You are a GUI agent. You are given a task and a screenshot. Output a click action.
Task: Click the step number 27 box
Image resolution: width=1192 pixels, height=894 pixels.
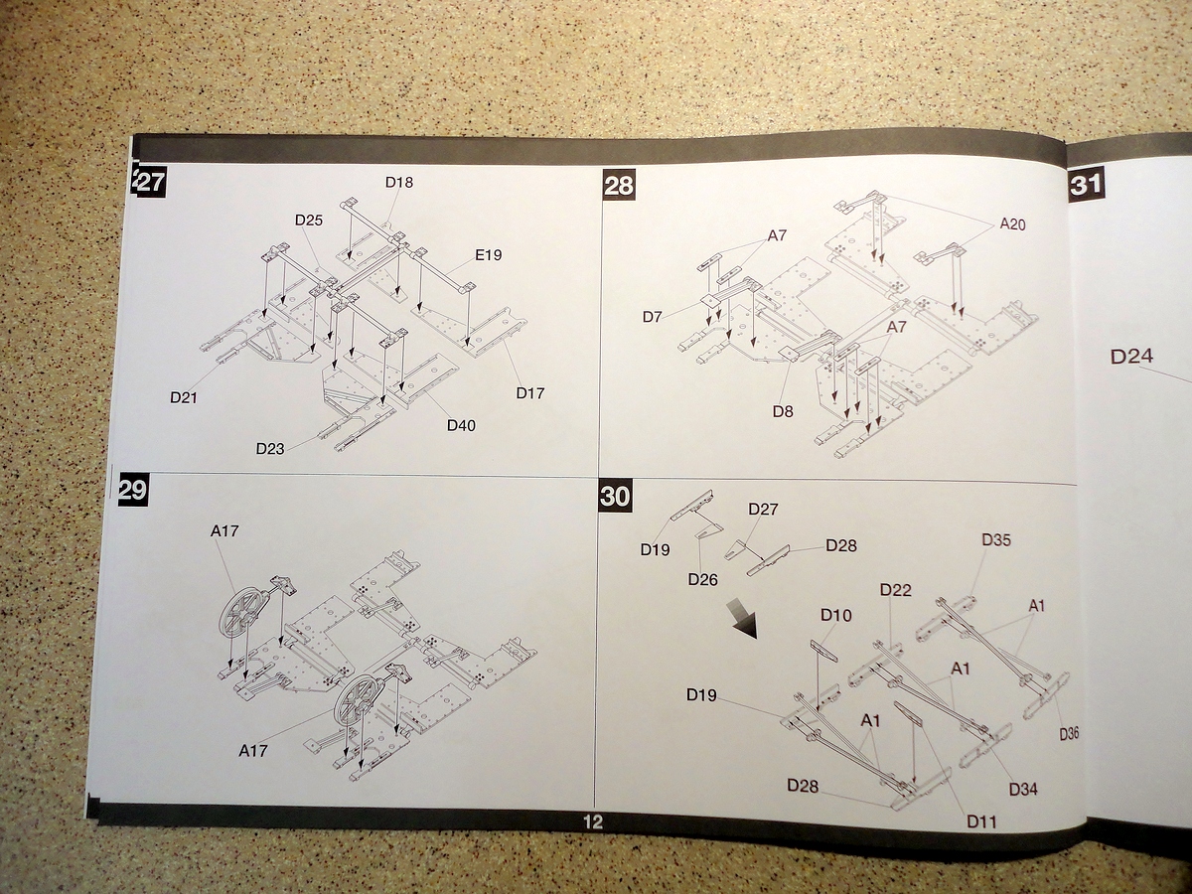tap(150, 184)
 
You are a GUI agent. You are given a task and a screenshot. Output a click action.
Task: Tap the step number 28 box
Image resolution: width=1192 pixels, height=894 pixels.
tap(619, 186)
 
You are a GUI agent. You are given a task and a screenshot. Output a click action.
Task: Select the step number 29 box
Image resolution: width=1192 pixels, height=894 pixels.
tap(133, 490)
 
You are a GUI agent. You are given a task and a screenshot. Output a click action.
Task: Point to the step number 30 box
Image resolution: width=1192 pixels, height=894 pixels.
tap(615, 496)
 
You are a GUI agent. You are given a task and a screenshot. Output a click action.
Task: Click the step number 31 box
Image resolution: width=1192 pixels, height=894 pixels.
tap(1087, 184)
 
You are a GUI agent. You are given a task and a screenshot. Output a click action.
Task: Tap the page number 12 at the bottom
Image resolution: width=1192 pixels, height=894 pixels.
tap(593, 821)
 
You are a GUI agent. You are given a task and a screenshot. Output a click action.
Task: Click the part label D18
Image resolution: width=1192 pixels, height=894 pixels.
tap(398, 183)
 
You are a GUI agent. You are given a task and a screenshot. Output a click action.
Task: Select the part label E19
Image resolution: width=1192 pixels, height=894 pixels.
tap(488, 255)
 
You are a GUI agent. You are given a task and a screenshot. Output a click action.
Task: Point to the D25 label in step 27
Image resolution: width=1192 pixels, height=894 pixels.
tap(308, 220)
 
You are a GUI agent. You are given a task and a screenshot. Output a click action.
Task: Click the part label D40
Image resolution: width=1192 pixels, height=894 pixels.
tap(461, 425)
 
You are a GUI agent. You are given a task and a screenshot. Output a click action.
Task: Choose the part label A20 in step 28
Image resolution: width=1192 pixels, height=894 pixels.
tap(1012, 224)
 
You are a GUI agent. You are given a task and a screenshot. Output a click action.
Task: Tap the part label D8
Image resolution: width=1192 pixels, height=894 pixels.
tap(783, 410)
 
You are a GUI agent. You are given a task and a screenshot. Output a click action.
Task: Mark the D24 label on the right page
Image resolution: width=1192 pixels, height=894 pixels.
tap(1130, 357)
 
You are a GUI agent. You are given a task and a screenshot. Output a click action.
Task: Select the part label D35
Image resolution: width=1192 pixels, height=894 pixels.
tap(995, 540)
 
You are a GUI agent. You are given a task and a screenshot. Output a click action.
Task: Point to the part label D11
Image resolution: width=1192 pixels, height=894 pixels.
tap(981, 820)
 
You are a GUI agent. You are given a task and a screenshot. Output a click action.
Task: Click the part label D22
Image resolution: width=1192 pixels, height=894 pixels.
tap(895, 590)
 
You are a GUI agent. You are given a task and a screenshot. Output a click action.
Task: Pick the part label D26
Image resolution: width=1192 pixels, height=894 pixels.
tap(702, 579)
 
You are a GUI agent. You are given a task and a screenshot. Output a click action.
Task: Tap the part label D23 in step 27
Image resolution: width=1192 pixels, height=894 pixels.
tap(269, 448)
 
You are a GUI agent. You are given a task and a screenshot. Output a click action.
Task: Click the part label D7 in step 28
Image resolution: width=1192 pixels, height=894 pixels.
tap(652, 317)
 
